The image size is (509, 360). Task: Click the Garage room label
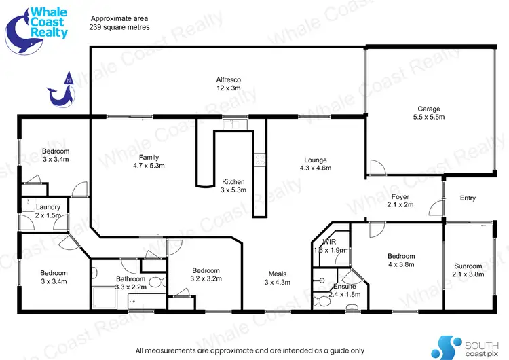(428, 113)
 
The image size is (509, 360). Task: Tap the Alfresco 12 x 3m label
(229, 84)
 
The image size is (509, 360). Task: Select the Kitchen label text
(233, 186)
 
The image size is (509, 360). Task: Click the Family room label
(145, 161)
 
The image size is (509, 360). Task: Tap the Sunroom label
(468, 270)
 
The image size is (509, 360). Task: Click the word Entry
(468, 198)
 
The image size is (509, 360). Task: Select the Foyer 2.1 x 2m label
(400, 200)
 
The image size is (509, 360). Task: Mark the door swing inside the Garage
(376, 166)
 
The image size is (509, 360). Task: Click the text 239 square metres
(119, 26)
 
